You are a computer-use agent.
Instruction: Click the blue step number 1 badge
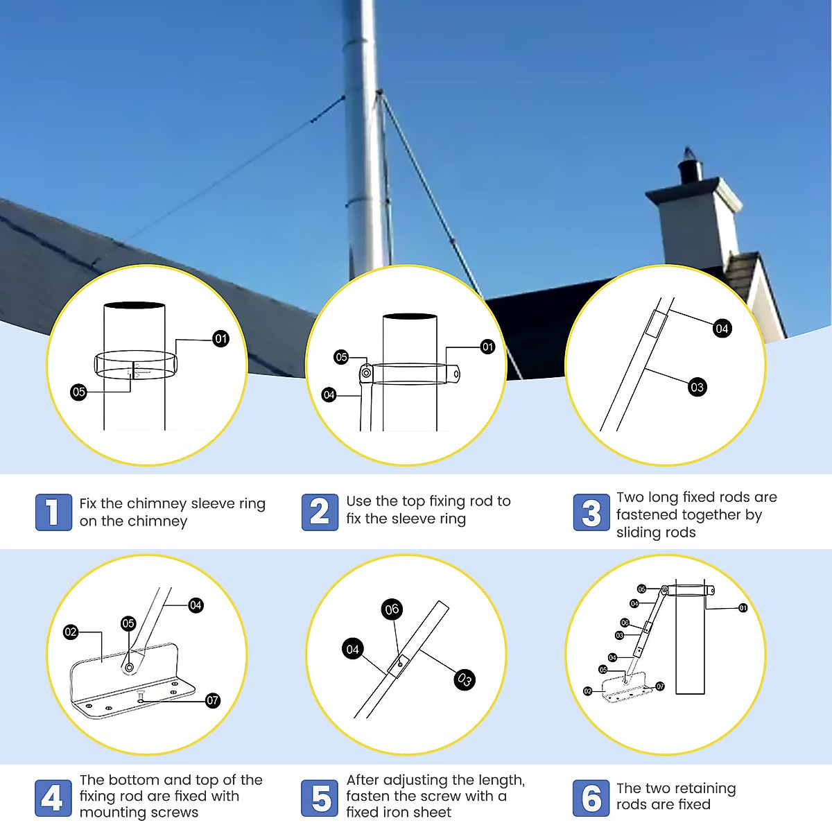(53, 512)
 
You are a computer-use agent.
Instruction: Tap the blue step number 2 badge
(320, 512)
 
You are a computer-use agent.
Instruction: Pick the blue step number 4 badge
(53, 798)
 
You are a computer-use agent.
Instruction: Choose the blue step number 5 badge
(320, 798)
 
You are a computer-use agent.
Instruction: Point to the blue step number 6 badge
(591, 798)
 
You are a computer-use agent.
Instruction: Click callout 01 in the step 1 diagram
(220, 339)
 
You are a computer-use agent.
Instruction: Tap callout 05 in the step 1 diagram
(78, 392)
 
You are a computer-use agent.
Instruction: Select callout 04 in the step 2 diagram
(329, 395)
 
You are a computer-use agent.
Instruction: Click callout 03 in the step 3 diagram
(697, 388)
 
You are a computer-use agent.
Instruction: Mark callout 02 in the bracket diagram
(71, 632)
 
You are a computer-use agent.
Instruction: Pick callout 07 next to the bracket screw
(213, 700)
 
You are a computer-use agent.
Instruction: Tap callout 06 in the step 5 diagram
(392, 609)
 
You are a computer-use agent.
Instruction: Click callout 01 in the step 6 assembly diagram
(743, 608)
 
